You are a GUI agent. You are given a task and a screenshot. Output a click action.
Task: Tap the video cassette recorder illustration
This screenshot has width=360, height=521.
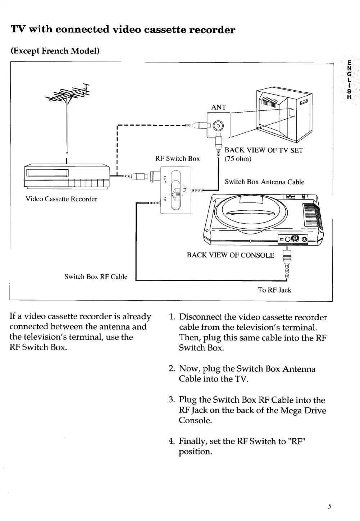coord(67,177)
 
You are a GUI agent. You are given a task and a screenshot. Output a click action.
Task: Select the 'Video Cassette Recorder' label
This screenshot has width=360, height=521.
coord(61,199)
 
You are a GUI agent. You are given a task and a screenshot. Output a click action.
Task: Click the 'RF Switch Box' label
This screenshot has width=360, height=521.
coord(177,159)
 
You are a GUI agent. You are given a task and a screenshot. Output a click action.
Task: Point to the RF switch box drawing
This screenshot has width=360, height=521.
coord(176,191)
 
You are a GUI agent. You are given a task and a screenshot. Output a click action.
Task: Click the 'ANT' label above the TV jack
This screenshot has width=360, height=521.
coord(219,107)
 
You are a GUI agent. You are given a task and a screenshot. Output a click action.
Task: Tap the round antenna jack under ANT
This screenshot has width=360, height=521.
coord(218,125)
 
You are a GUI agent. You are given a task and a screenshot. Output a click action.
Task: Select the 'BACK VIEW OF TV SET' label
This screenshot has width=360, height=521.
coord(264,150)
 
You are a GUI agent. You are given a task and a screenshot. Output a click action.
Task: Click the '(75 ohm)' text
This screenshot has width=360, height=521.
coord(238,159)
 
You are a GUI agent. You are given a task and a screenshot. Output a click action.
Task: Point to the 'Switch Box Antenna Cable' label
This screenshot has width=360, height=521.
coord(264,182)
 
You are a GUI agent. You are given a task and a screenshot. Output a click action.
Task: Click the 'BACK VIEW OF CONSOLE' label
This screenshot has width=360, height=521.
coord(231,255)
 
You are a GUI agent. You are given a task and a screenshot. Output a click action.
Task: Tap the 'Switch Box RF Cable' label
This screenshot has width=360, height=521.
coord(96,277)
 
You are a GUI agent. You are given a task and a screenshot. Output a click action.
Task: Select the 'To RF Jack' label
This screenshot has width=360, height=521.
coord(274,290)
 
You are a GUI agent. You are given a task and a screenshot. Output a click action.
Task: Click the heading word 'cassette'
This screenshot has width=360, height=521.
coord(164,29)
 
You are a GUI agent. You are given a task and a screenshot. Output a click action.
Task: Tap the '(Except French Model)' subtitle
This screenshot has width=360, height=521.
coord(55,51)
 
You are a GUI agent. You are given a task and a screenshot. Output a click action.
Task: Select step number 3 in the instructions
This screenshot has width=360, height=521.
coord(172,400)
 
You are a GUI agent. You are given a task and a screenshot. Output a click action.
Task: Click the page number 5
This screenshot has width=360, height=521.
coord(329,506)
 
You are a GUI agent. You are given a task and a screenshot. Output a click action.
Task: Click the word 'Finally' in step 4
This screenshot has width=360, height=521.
coord(193,441)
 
